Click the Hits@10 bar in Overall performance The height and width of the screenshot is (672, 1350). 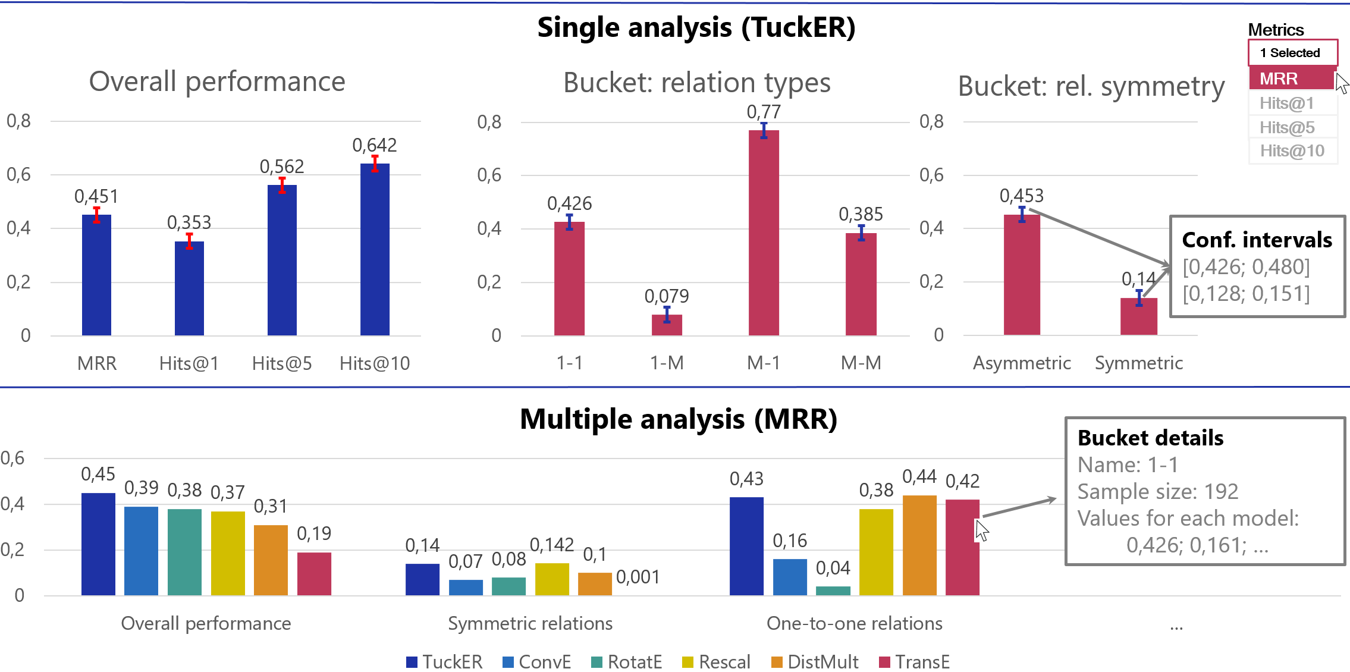click(375, 250)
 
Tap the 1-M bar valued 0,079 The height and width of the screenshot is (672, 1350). click(667, 325)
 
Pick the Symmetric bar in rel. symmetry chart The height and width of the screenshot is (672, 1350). click(1138, 316)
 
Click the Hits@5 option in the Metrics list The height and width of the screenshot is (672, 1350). click(1287, 127)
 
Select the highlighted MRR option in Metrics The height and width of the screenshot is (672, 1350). click(1291, 78)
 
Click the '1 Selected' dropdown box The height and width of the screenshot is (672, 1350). click(1292, 53)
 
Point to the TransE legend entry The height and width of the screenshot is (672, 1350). click(915, 662)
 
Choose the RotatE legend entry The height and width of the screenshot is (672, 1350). click(627, 662)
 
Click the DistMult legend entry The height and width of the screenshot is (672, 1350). click(815, 662)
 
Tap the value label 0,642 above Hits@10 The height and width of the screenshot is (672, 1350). click(374, 145)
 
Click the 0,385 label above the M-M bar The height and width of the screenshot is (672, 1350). click(861, 214)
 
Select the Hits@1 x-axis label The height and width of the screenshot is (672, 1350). click(189, 363)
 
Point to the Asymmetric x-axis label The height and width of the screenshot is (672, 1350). click(1022, 363)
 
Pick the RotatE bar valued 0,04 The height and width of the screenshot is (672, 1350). click(833, 591)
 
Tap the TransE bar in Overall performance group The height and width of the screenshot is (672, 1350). click(314, 574)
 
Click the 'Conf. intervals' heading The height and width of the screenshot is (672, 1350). click(1257, 240)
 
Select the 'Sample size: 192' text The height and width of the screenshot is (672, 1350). click(1157, 491)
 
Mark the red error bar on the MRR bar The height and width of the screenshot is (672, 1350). click(96, 215)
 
